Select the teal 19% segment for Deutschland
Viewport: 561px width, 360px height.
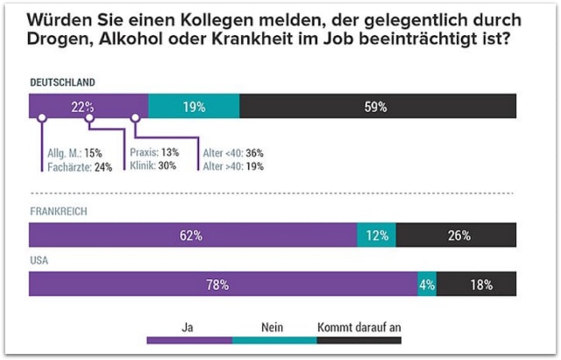coord(194,107)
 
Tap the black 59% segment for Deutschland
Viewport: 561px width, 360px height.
coord(377,107)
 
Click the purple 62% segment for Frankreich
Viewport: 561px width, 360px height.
coord(192,236)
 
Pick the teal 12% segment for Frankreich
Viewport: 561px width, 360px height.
coord(376,236)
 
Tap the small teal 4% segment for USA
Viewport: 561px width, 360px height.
coord(427,285)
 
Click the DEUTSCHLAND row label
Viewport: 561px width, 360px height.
coord(62,83)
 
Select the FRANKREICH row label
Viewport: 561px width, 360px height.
coord(59,212)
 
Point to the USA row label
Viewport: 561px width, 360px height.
coord(40,261)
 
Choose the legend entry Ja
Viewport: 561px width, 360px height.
coord(187,327)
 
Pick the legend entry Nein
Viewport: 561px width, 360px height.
coord(273,327)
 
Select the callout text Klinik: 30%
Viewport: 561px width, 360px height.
coord(154,166)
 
